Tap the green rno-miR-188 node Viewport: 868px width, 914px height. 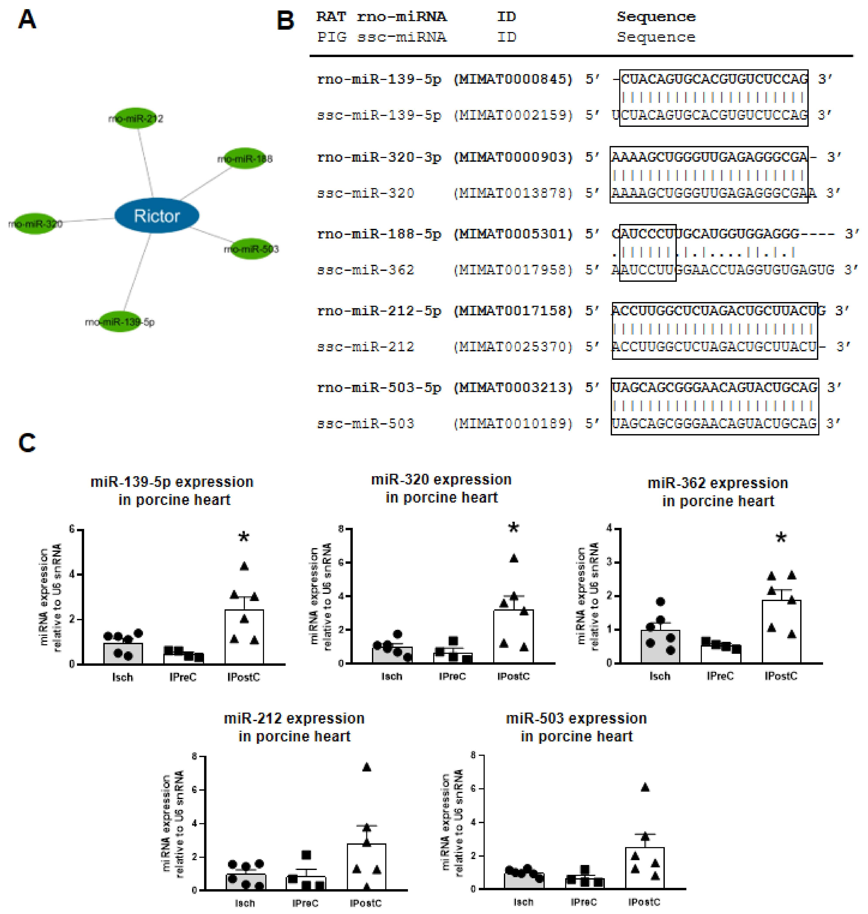(x=245, y=159)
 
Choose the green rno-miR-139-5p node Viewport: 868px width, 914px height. (x=120, y=321)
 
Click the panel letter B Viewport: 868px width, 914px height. (x=285, y=21)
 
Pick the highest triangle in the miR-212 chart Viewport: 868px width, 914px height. (x=367, y=767)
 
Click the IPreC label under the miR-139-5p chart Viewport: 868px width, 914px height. (x=183, y=677)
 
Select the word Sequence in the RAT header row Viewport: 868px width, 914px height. (x=656, y=17)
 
